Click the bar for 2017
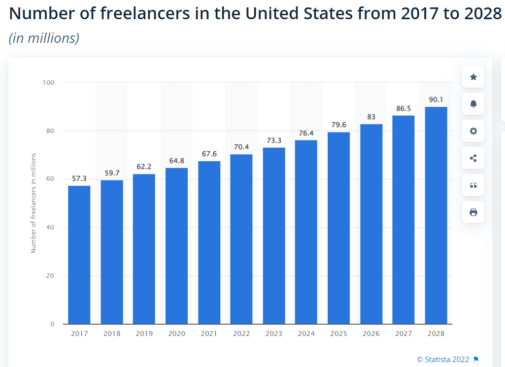coord(79,255)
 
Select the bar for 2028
coord(436,215)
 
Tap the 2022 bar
coord(241,239)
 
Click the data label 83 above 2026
coord(371,117)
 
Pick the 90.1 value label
coord(436,100)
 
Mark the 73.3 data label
coord(274,140)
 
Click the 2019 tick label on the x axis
coord(144,334)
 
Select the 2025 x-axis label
coord(338,334)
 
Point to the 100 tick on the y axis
coord(48,82)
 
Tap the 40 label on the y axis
coord(50,227)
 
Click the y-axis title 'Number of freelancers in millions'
coord(34,203)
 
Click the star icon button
coord(473,77)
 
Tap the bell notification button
coord(473,104)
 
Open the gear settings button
coord(473,131)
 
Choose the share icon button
coord(473,158)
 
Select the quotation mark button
coord(473,185)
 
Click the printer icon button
coord(473,212)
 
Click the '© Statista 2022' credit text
coord(443,359)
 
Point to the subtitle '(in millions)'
coord(44,38)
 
